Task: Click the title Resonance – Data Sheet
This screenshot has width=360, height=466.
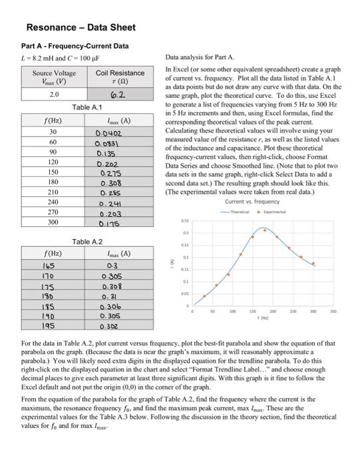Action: [81, 27]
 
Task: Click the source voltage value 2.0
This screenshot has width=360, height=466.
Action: [55, 95]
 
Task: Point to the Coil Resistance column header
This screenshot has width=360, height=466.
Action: [120, 73]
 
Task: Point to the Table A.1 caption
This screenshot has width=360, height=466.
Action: [87, 107]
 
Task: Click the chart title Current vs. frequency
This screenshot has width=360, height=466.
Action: [252, 202]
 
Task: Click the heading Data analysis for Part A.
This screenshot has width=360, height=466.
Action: [202, 59]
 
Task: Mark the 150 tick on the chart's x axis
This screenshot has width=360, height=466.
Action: [252, 310]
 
